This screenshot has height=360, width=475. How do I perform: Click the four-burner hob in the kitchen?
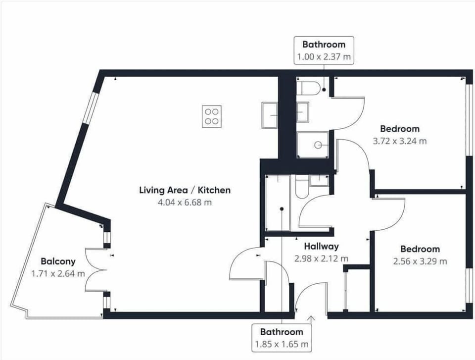212,116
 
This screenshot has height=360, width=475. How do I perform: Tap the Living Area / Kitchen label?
185,190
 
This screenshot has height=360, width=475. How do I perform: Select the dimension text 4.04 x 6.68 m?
185,202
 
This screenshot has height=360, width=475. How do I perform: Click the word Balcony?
58,261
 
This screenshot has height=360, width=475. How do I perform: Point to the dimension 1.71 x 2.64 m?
58,273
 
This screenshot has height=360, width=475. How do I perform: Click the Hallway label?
321,246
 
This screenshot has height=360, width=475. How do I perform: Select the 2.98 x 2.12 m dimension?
321,258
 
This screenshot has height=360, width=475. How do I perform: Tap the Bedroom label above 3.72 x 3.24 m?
399,129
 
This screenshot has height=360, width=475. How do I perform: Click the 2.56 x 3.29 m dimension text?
420,261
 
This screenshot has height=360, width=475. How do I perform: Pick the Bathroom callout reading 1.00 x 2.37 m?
324,50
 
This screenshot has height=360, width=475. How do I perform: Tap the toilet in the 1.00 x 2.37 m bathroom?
309,88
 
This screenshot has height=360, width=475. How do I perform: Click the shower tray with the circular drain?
313,145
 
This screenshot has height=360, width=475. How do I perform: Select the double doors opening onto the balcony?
95,270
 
